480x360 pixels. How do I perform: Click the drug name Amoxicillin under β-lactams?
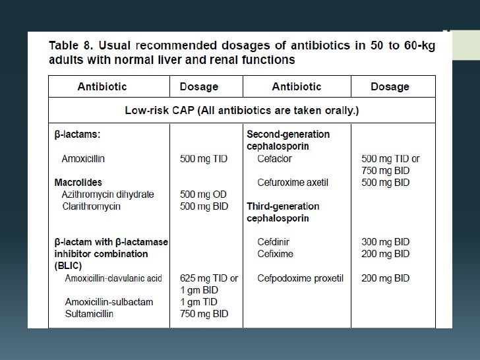[x=83, y=159]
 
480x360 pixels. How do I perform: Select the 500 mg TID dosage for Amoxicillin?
[x=204, y=159]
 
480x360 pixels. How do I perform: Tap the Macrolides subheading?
[x=78, y=183]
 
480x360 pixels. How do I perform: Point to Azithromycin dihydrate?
[x=108, y=195]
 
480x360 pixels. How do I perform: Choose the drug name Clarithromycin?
[x=91, y=206]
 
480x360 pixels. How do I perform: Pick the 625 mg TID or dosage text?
[x=209, y=278]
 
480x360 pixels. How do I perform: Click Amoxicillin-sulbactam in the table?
[x=109, y=302]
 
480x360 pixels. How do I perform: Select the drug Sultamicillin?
[x=89, y=314]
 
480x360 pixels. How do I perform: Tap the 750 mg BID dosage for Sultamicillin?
[x=204, y=314]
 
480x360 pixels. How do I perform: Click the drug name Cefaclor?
[x=274, y=159]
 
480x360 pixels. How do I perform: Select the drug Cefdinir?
[x=275, y=242]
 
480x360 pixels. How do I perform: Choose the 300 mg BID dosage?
[x=385, y=242]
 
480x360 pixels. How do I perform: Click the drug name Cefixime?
[x=275, y=254]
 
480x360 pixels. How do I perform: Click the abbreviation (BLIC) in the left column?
[x=69, y=266]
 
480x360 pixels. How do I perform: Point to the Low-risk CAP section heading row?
[x=241, y=110]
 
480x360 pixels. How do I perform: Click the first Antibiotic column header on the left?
[x=102, y=86]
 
